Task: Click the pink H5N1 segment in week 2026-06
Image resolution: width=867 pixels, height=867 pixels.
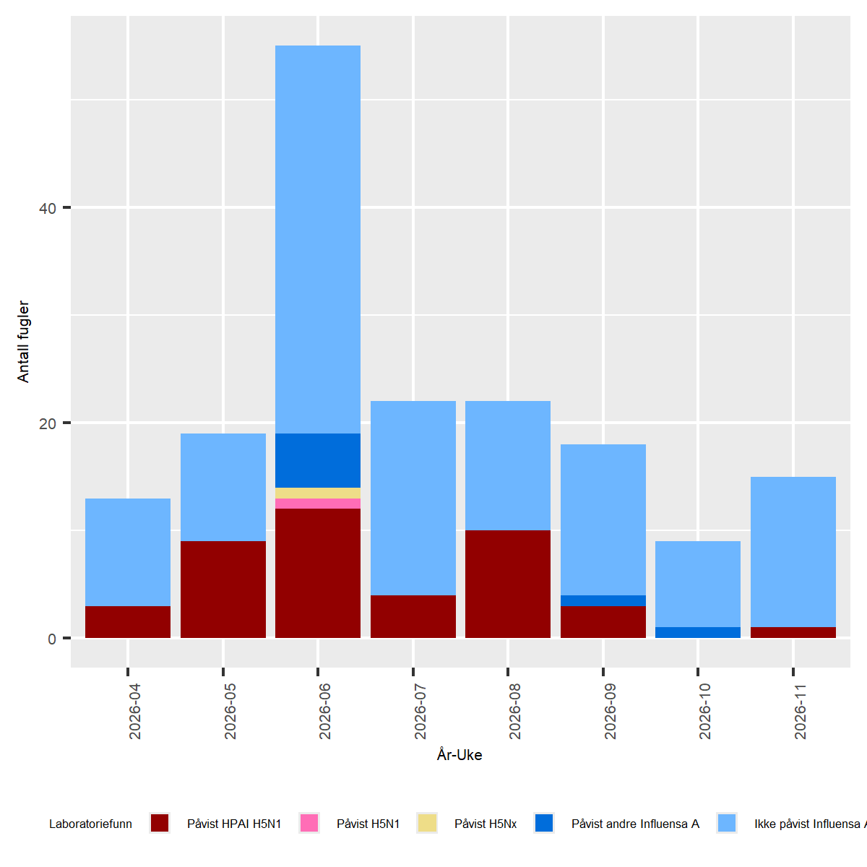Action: pos(318,504)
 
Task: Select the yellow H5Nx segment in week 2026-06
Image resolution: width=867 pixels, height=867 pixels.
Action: pos(318,493)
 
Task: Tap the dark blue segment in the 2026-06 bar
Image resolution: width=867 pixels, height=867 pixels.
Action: pos(318,460)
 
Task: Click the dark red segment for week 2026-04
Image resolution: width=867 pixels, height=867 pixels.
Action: pos(128,622)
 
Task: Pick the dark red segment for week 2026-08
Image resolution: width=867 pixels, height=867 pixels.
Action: pos(508,584)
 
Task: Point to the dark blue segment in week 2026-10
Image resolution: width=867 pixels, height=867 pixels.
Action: pos(698,632)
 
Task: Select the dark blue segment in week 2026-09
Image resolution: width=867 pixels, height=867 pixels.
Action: pos(603,600)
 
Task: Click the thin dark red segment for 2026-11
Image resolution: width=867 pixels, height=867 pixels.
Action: pos(793,632)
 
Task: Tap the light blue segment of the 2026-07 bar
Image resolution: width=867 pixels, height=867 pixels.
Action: pos(413,498)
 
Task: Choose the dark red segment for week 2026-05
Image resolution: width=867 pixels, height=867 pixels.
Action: pos(223,590)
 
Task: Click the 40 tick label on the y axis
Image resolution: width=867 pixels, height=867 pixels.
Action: pos(48,208)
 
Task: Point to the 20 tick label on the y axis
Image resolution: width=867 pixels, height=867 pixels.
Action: pos(48,423)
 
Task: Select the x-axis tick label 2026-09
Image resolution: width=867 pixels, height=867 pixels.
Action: pos(611,712)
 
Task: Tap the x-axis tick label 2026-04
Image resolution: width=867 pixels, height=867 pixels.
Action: pos(135,712)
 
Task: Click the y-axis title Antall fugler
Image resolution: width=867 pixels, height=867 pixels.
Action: pos(24,341)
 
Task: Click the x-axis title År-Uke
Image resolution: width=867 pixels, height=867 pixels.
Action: pos(460,755)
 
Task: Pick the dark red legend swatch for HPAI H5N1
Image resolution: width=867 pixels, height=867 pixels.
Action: pos(160,823)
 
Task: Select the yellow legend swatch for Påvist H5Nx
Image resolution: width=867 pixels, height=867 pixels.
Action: pos(427,823)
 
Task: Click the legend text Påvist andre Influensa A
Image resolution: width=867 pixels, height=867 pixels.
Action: pos(635,824)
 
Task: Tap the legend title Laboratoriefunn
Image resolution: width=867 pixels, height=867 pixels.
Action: pos(90,824)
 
